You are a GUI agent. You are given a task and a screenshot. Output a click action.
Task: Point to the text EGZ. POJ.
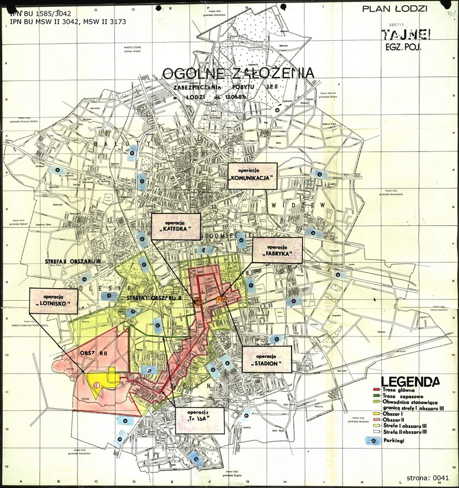tap(404, 48)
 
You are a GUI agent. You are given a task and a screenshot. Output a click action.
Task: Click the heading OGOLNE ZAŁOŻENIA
tap(238, 74)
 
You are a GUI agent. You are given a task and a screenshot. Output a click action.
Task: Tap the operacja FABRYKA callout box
tap(277, 250)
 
